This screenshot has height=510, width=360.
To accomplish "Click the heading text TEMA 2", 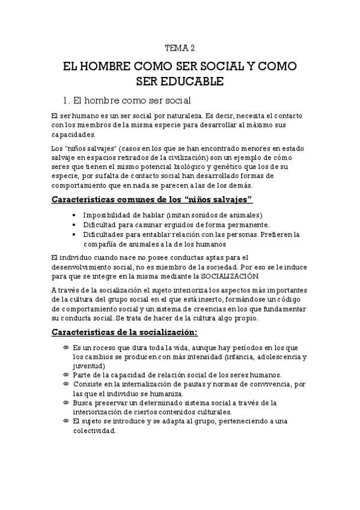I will pos(180,49).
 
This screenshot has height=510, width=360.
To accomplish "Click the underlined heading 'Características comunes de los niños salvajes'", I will pos(151,199).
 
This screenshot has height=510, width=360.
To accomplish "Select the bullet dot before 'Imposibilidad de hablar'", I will pos(73,215).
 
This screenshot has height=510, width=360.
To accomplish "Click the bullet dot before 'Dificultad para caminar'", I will pos(73,224).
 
